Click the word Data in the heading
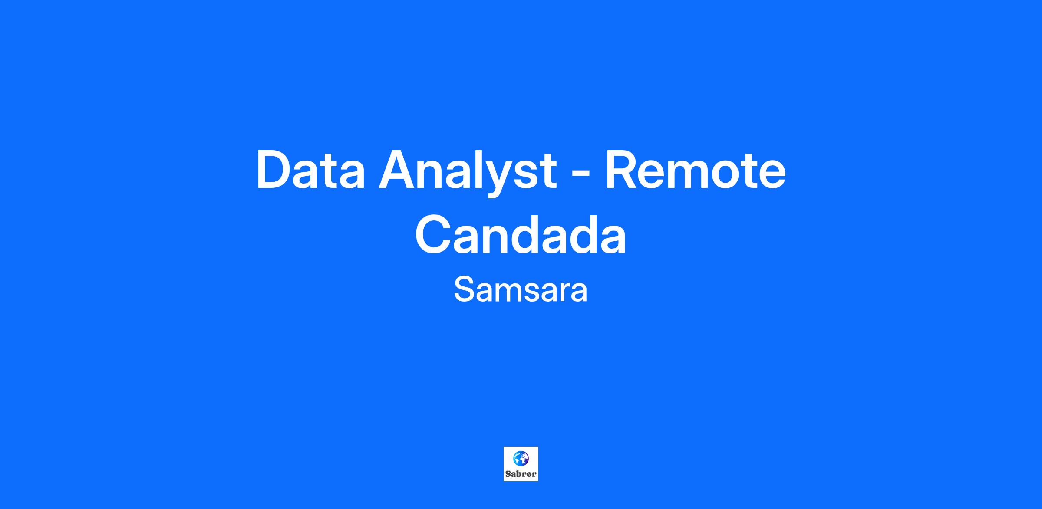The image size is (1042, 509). [311, 170]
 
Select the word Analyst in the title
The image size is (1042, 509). [468, 172]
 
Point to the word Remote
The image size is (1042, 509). [695, 170]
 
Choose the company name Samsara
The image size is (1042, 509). [521, 289]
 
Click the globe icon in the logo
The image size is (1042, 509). [521, 458]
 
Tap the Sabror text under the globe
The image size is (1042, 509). [521, 474]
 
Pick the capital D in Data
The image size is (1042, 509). [275, 170]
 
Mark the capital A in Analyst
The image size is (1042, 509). [398, 170]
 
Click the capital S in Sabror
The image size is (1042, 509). [508, 474]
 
